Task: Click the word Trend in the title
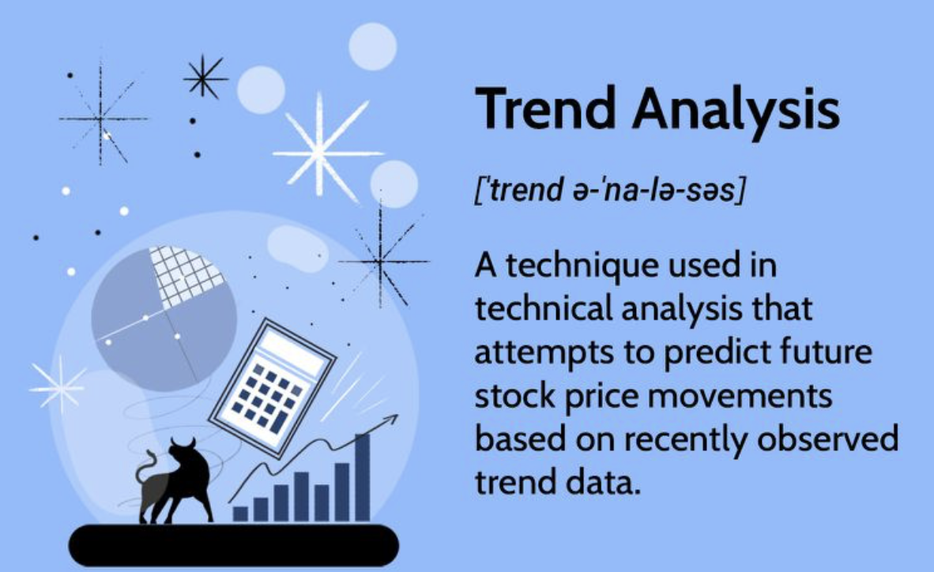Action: point(545,108)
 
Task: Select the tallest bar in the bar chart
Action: point(362,478)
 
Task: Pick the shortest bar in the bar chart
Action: point(240,514)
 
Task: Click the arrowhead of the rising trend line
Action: point(391,420)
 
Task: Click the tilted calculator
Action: point(273,387)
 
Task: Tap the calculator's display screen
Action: point(291,348)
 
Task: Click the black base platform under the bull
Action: point(234,544)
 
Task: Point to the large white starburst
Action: point(325,149)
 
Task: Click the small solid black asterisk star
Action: point(205,77)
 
